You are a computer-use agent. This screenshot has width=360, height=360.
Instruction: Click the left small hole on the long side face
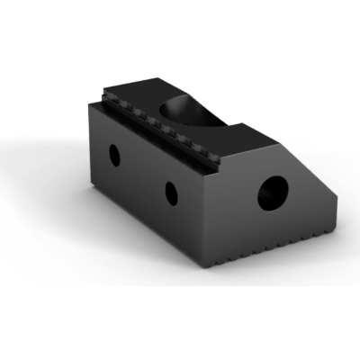tap(115, 155)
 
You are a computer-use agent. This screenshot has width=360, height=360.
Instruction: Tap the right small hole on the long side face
tap(169, 192)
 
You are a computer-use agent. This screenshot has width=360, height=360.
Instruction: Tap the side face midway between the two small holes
tap(142, 174)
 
